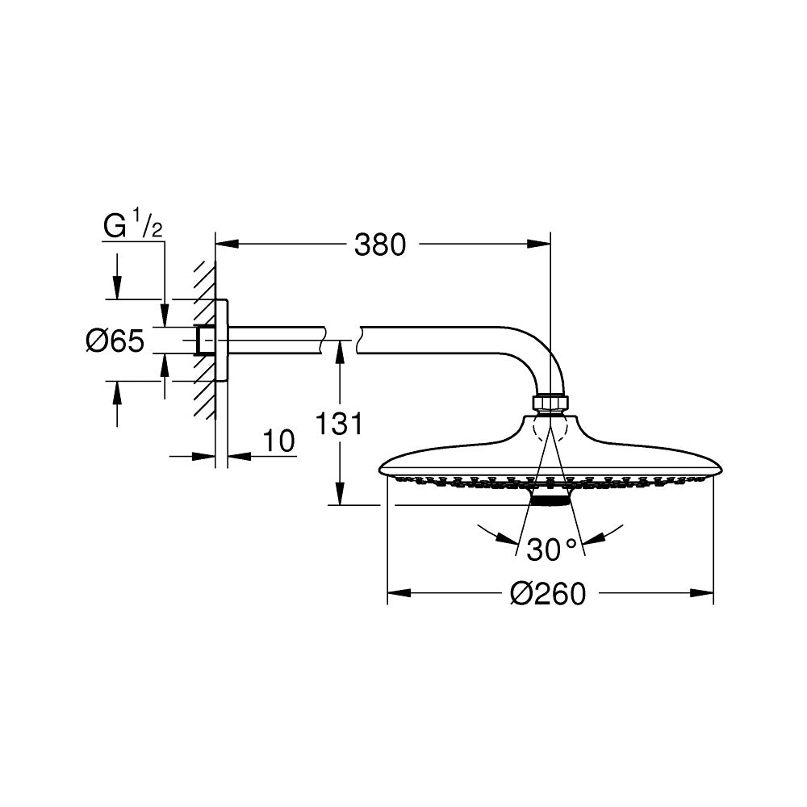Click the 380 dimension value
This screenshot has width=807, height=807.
point(380,244)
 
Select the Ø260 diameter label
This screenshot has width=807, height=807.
point(547,595)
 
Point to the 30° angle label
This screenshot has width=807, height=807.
point(553,550)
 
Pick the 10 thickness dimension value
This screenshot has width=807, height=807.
point(278,441)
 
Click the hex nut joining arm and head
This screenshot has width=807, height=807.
point(550,402)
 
